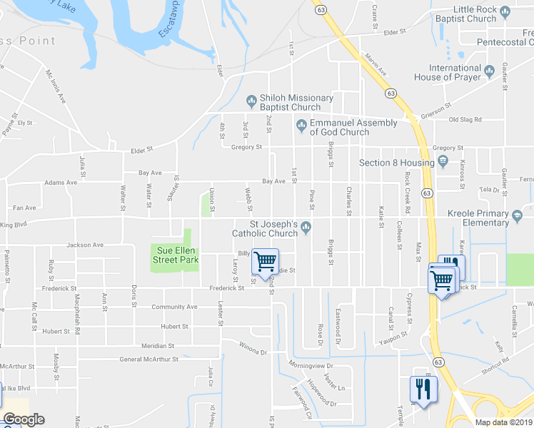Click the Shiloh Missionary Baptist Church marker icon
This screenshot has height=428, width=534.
251,99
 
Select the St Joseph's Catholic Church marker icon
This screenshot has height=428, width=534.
306,228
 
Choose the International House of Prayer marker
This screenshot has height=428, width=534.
490,70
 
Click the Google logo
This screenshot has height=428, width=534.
24,419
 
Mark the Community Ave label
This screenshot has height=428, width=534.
174,306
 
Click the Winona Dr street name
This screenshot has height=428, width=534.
252,352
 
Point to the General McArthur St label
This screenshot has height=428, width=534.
148,359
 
